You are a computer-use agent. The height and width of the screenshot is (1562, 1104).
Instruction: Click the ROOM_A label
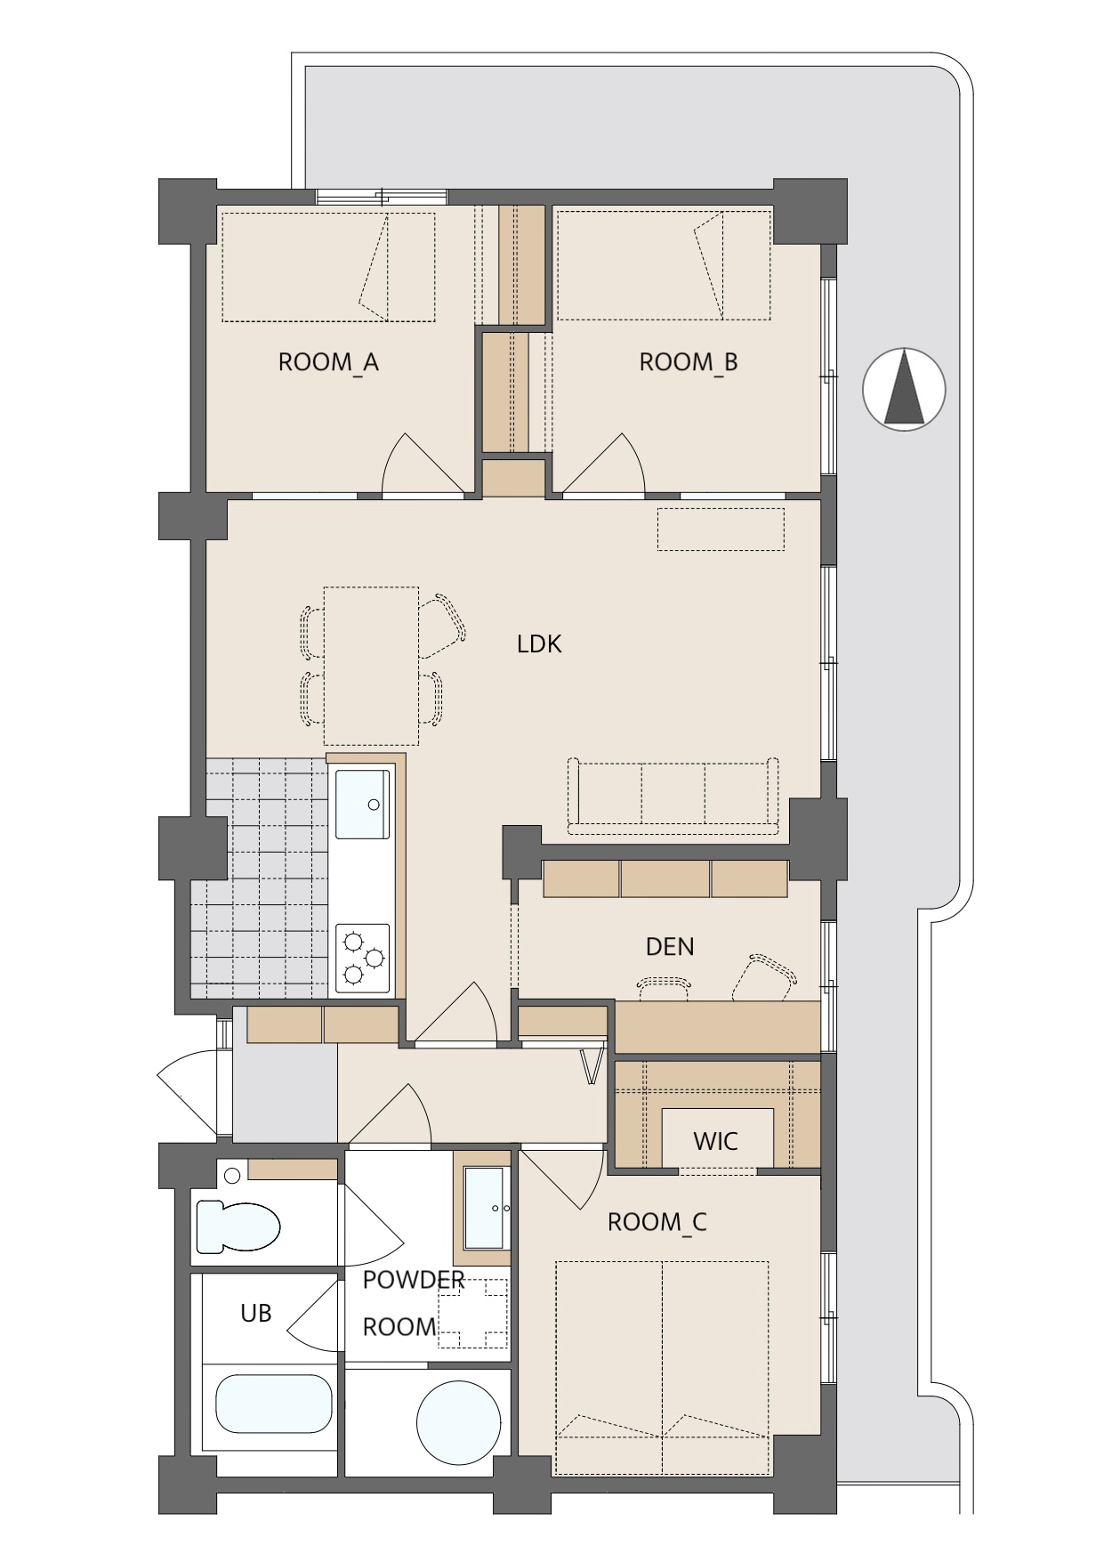[328, 363]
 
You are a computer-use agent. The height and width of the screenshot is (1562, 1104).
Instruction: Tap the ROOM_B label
[689, 363]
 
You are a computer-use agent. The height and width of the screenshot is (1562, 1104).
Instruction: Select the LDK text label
[539, 644]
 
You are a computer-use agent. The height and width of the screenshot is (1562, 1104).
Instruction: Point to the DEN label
[670, 946]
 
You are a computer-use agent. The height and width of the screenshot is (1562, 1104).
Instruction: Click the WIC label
[715, 1141]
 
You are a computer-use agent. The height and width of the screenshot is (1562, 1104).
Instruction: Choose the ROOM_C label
[657, 1223]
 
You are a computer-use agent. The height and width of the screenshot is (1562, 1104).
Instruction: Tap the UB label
[256, 1313]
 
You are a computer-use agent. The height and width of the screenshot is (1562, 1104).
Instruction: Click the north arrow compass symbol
[904, 389]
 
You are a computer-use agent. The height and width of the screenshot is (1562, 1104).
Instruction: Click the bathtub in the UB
[274, 1404]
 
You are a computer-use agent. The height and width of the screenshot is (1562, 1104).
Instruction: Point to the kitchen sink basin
[362, 804]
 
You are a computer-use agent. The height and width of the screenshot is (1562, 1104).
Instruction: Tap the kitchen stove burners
[362, 958]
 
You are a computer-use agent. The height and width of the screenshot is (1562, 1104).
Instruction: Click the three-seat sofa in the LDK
[673, 796]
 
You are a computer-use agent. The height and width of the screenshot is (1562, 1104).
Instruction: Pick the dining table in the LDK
[371, 666]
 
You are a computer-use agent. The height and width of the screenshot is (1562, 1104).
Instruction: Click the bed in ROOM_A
[328, 267]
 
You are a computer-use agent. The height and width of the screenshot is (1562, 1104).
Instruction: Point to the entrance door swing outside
[187, 1093]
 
